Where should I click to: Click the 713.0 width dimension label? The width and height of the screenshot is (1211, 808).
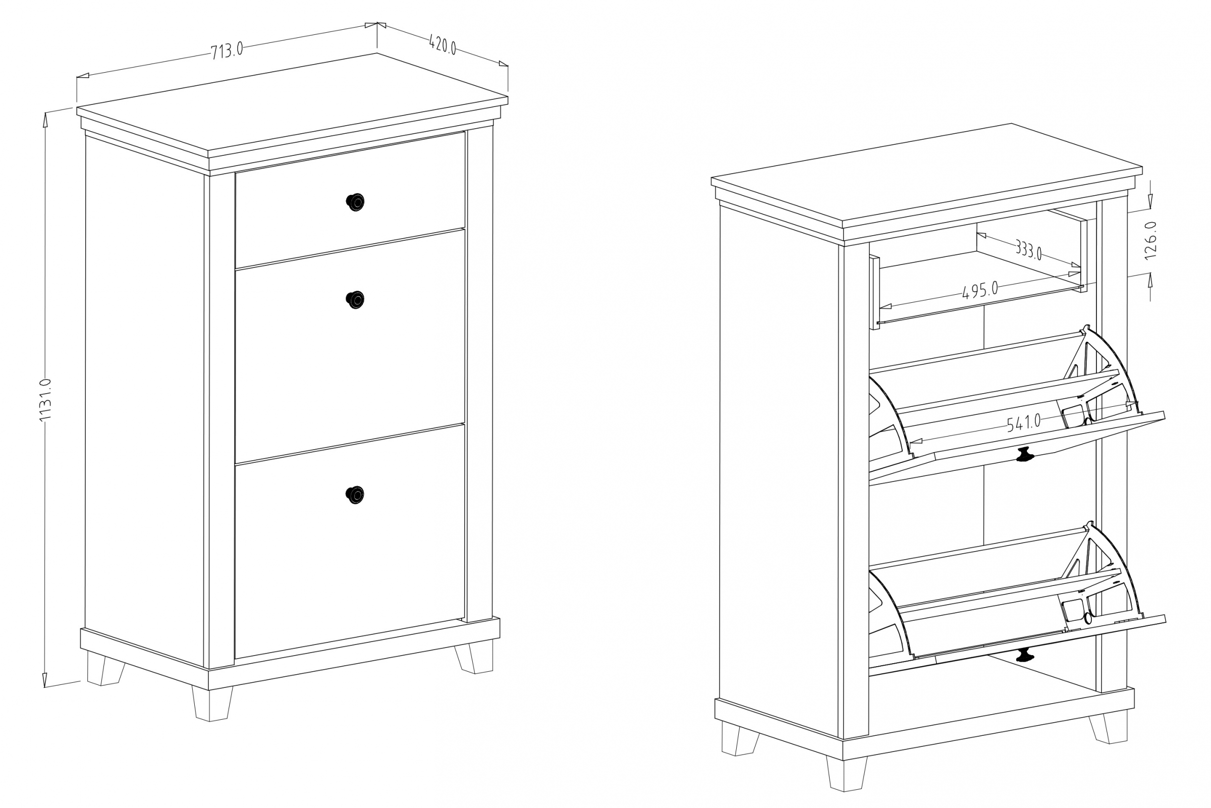pyautogui.click(x=227, y=50)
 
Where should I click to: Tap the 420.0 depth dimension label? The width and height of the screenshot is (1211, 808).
pyautogui.click(x=443, y=45)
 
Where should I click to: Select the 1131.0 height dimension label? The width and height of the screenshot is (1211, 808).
pyautogui.click(x=45, y=400)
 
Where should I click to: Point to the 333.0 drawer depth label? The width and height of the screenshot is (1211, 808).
pyautogui.click(x=1029, y=250)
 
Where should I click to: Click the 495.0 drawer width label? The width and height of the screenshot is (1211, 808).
pyautogui.click(x=980, y=290)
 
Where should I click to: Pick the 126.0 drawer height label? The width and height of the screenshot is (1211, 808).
pyautogui.click(x=1150, y=240)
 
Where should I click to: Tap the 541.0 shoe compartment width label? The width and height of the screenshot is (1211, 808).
pyautogui.click(x=1024, y=422)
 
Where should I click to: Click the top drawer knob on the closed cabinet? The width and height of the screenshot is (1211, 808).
pyautogui.click(x=355, y=202)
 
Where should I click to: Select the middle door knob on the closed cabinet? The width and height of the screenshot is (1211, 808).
pyautogui.click(x=355, y=299)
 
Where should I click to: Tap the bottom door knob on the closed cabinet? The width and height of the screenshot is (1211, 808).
pyautogui.click(x=354, y=495)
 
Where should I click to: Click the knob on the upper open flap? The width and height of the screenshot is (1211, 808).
pyautogui.click(x=1025, y=455)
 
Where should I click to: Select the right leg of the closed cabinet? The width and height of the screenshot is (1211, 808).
pyautogui.click(x=473, y=656)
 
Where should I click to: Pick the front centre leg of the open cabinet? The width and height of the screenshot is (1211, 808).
pyautogui.click(x=847, y=773)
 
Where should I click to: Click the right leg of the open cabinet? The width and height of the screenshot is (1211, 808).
pyautogui.click(x=1108, y=727)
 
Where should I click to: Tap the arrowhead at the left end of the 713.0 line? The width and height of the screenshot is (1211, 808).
pyautogui.click(x=83, y=76)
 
